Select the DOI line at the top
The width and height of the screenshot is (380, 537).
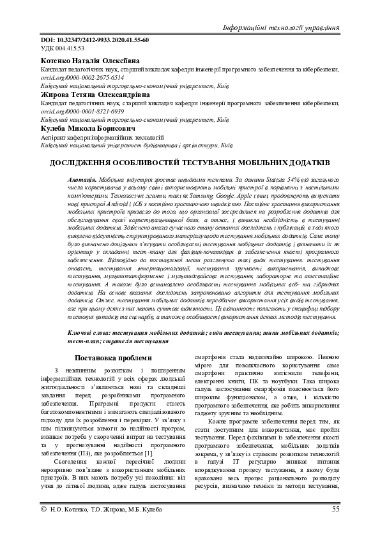pos(95,40)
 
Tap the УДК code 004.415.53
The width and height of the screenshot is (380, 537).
pos(66,48)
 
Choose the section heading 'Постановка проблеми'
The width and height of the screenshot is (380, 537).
pos(113,358)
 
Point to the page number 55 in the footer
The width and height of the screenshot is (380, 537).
pos(335,509)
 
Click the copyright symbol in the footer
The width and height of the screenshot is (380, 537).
pos(43,509)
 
